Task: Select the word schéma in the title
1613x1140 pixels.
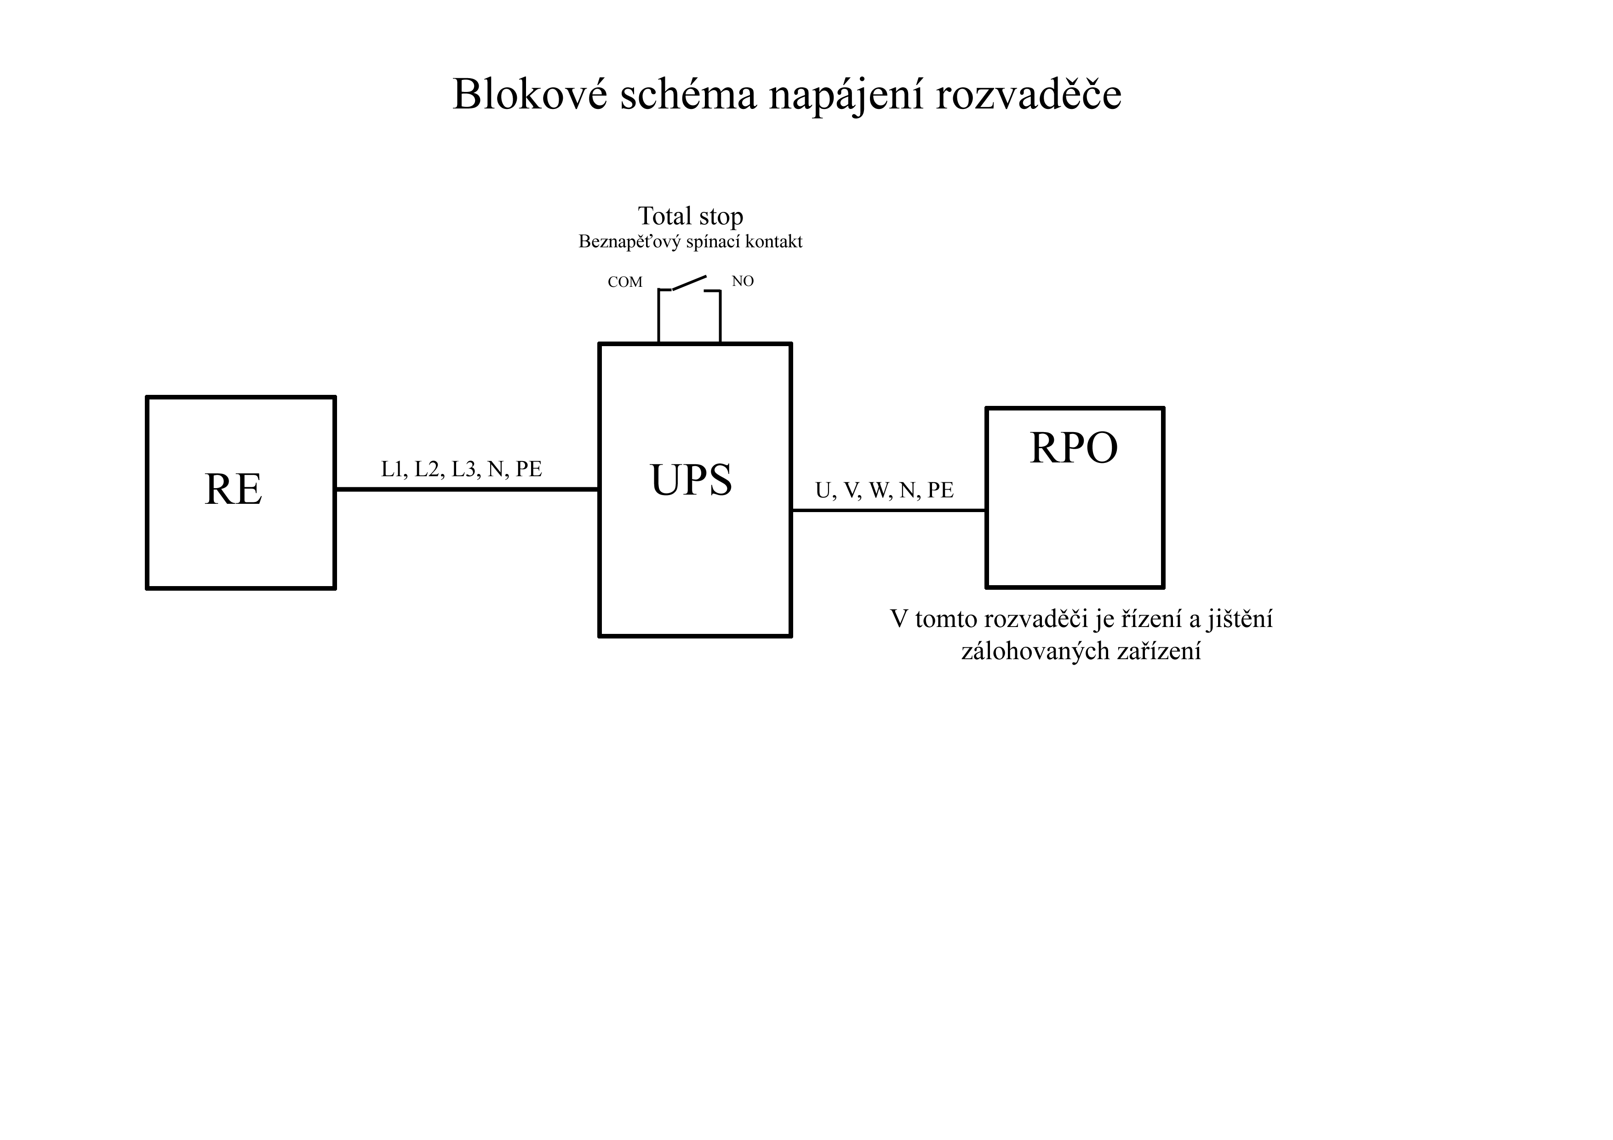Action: [688, 94]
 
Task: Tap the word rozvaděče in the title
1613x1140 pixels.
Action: [1029, 94]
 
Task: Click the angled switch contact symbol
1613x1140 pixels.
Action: [689, 282]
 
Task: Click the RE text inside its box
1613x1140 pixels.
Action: [233, 489]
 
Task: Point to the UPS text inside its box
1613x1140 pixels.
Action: [691, 480]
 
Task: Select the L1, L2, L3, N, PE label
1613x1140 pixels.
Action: [462, 469]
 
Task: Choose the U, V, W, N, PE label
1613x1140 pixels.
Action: [885, 490]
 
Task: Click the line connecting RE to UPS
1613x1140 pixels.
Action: [467, 489]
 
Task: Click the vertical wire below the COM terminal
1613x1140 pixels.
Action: [659, 316]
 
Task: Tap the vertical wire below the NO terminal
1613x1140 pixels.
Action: [720, 317]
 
